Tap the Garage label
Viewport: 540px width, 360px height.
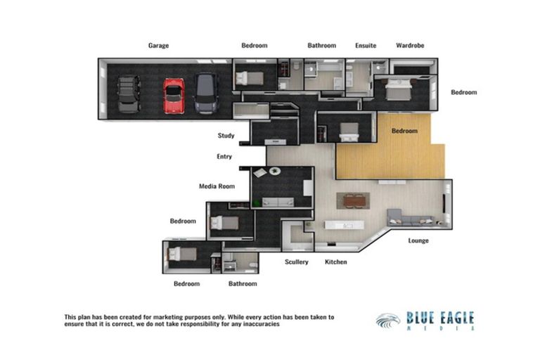158,46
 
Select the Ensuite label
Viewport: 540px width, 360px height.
366,46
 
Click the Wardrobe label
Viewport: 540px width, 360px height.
409,46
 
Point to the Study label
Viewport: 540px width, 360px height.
226,136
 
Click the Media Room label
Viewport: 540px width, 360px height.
217,186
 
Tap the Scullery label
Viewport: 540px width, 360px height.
296,262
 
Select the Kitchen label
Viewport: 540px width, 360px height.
335,262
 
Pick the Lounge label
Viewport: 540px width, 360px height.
418,240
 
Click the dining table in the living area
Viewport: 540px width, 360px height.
352,200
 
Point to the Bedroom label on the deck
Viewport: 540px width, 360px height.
404,131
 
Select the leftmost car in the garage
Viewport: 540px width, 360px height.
129,94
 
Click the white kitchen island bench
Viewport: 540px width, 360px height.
342,226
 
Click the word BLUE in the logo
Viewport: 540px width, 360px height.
422,319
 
